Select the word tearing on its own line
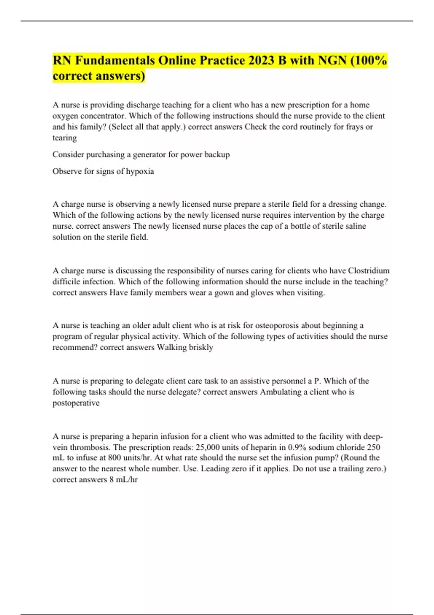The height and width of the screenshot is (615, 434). (65, 138)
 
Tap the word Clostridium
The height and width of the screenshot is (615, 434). (369, 271)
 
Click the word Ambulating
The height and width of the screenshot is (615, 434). (281, 392)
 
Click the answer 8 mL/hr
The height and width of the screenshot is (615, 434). (124, 480)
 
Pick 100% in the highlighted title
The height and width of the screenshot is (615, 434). (371, 60)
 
